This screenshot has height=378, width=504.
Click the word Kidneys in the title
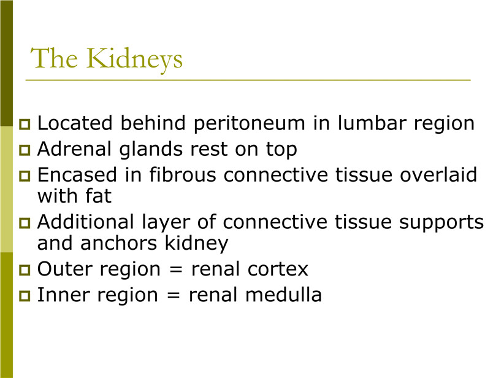(x=134, y=60)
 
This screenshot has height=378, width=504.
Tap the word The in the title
(x=54, y=58)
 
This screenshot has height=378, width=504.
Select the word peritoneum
(x=250, y=124)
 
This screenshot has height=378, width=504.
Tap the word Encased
(x=77, y=175)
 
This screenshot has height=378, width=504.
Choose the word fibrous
(x=183, y=174)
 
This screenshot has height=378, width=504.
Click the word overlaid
(x=438, y=174)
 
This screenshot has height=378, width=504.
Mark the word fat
(x=98, y=196)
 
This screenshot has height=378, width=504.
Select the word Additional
(x=85, y=222)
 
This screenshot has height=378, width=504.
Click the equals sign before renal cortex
(x=176, y=269)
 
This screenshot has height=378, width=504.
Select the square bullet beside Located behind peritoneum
(x=25, y=124)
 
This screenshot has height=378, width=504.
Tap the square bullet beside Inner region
(x=25, y=296)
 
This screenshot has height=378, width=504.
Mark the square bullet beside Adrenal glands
(x=25, y=150)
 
